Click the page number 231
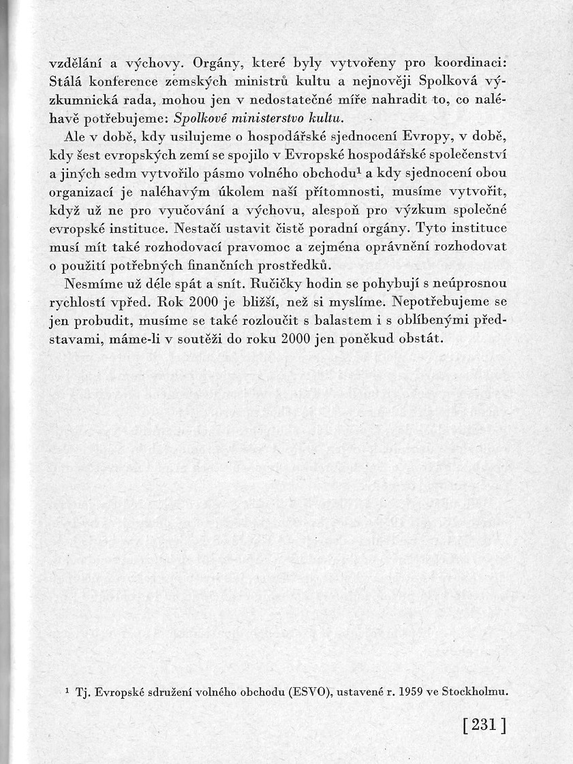pyautogui.click(x=484, y=725)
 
